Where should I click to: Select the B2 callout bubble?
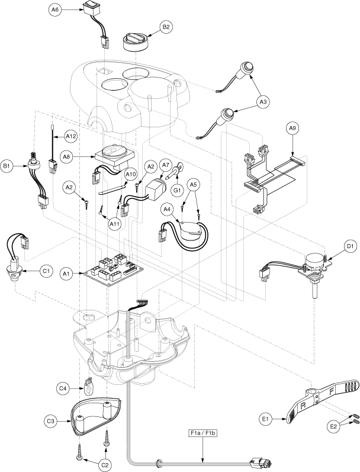166,27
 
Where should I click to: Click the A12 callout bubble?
71,137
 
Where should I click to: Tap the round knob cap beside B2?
136,42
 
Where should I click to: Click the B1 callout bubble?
8,167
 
